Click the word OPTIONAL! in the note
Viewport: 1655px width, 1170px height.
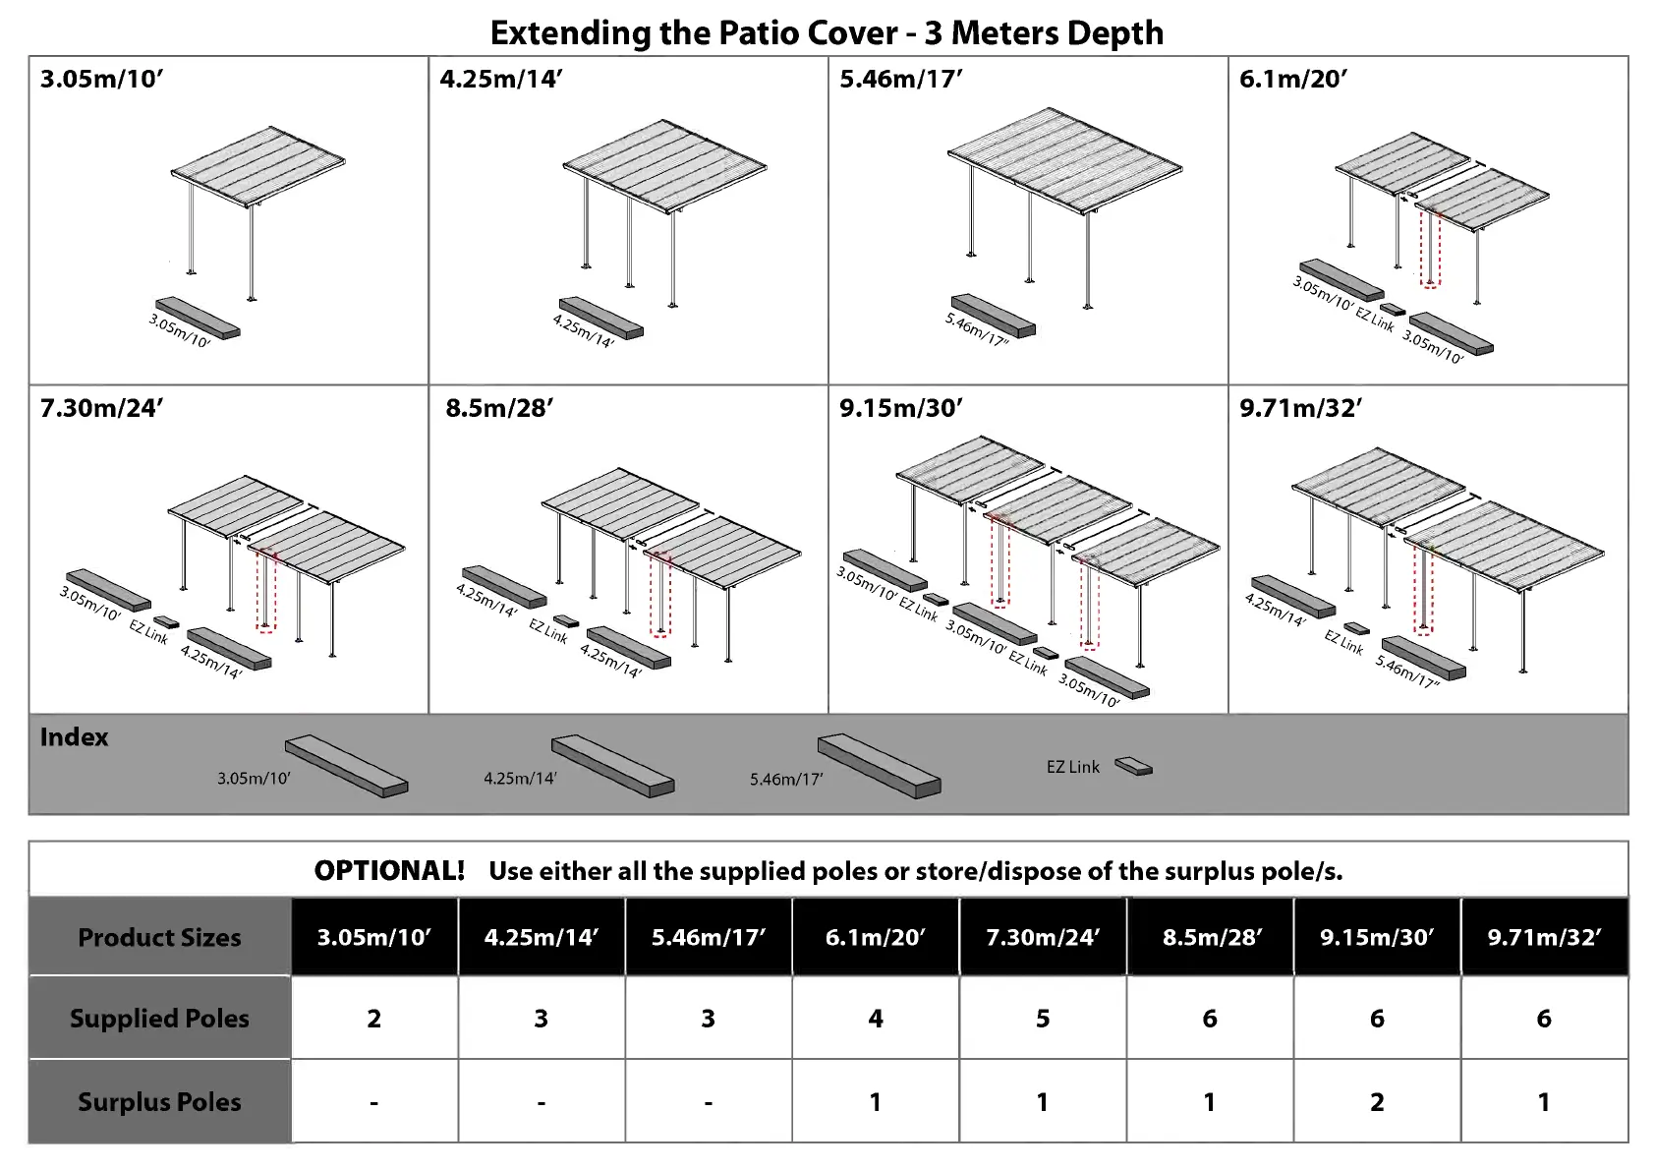click(389, 871)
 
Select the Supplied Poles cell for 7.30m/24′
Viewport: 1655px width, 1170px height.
click(1043, 1019)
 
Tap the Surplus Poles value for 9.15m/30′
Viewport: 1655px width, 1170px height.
click(1377, 1102)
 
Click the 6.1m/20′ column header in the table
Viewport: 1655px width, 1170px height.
click(875, 937)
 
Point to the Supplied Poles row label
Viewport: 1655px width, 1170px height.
click(159, 1019)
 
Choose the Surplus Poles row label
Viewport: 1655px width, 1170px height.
click(159, 1102)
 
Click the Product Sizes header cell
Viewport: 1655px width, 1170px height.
click(159, 937)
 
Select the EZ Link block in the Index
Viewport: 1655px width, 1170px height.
click(1133, 766)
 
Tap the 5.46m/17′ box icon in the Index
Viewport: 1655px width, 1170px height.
click(879, 765)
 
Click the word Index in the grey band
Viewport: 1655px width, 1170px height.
click(74, 737)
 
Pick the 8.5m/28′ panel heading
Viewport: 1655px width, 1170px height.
click(499, 408)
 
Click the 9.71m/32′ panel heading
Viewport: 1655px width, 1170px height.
click(1300, 408)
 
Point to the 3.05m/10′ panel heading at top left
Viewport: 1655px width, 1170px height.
click(101, 80)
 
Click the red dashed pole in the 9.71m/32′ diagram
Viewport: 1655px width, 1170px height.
click(1423, 590)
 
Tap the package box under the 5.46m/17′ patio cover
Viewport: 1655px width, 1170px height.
click(993, 315)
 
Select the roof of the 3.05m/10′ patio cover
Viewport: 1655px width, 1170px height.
click(257, 164)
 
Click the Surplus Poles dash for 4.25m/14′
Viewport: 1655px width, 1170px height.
click(542, 1102)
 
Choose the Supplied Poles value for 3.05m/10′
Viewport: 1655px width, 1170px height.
click(374, 1019)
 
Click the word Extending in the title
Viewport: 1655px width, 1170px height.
click(571, 33)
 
